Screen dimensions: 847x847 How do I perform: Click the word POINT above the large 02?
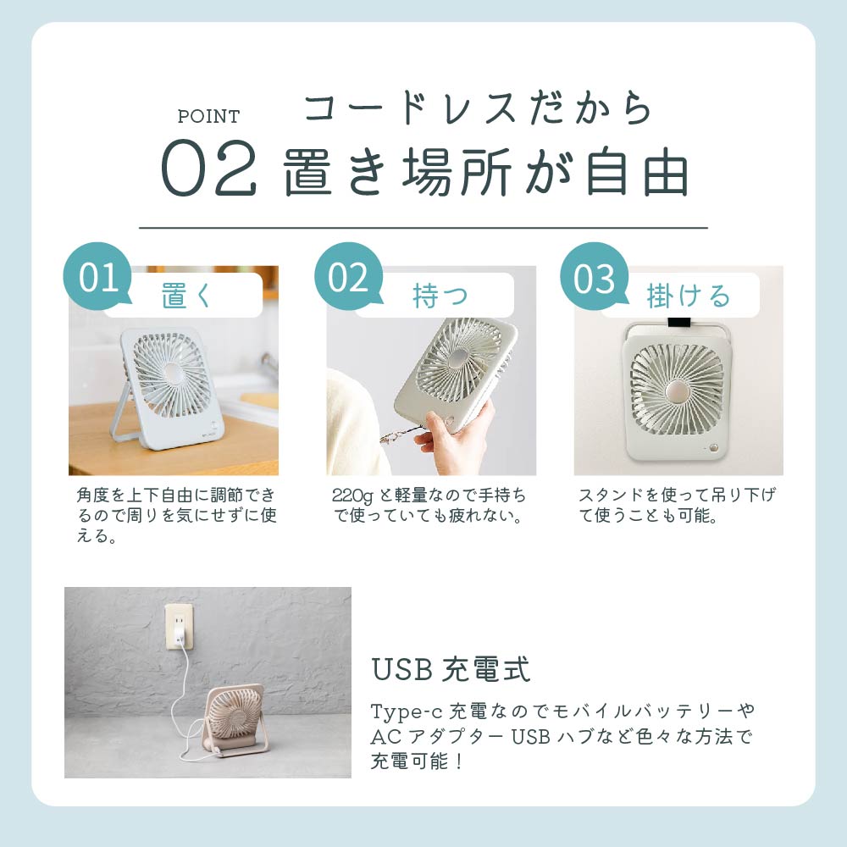point(208,116)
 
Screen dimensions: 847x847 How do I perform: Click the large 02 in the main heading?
point(208,168)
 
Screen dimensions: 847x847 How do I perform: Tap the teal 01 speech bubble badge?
point(97,277)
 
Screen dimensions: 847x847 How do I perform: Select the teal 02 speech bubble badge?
point(348,277)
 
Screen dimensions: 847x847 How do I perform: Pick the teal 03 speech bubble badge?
point(595,277)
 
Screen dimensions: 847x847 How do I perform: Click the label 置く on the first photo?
point(186,296)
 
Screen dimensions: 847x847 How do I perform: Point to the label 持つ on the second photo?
point(440,296)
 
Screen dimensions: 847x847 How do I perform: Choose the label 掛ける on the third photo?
point(688,296)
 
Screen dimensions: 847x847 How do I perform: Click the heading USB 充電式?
point(451,669)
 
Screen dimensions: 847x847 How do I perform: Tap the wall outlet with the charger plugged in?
point(179,627)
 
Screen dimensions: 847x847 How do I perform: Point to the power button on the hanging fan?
point(715,448)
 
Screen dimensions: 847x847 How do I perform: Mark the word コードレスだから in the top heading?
point(478,108)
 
